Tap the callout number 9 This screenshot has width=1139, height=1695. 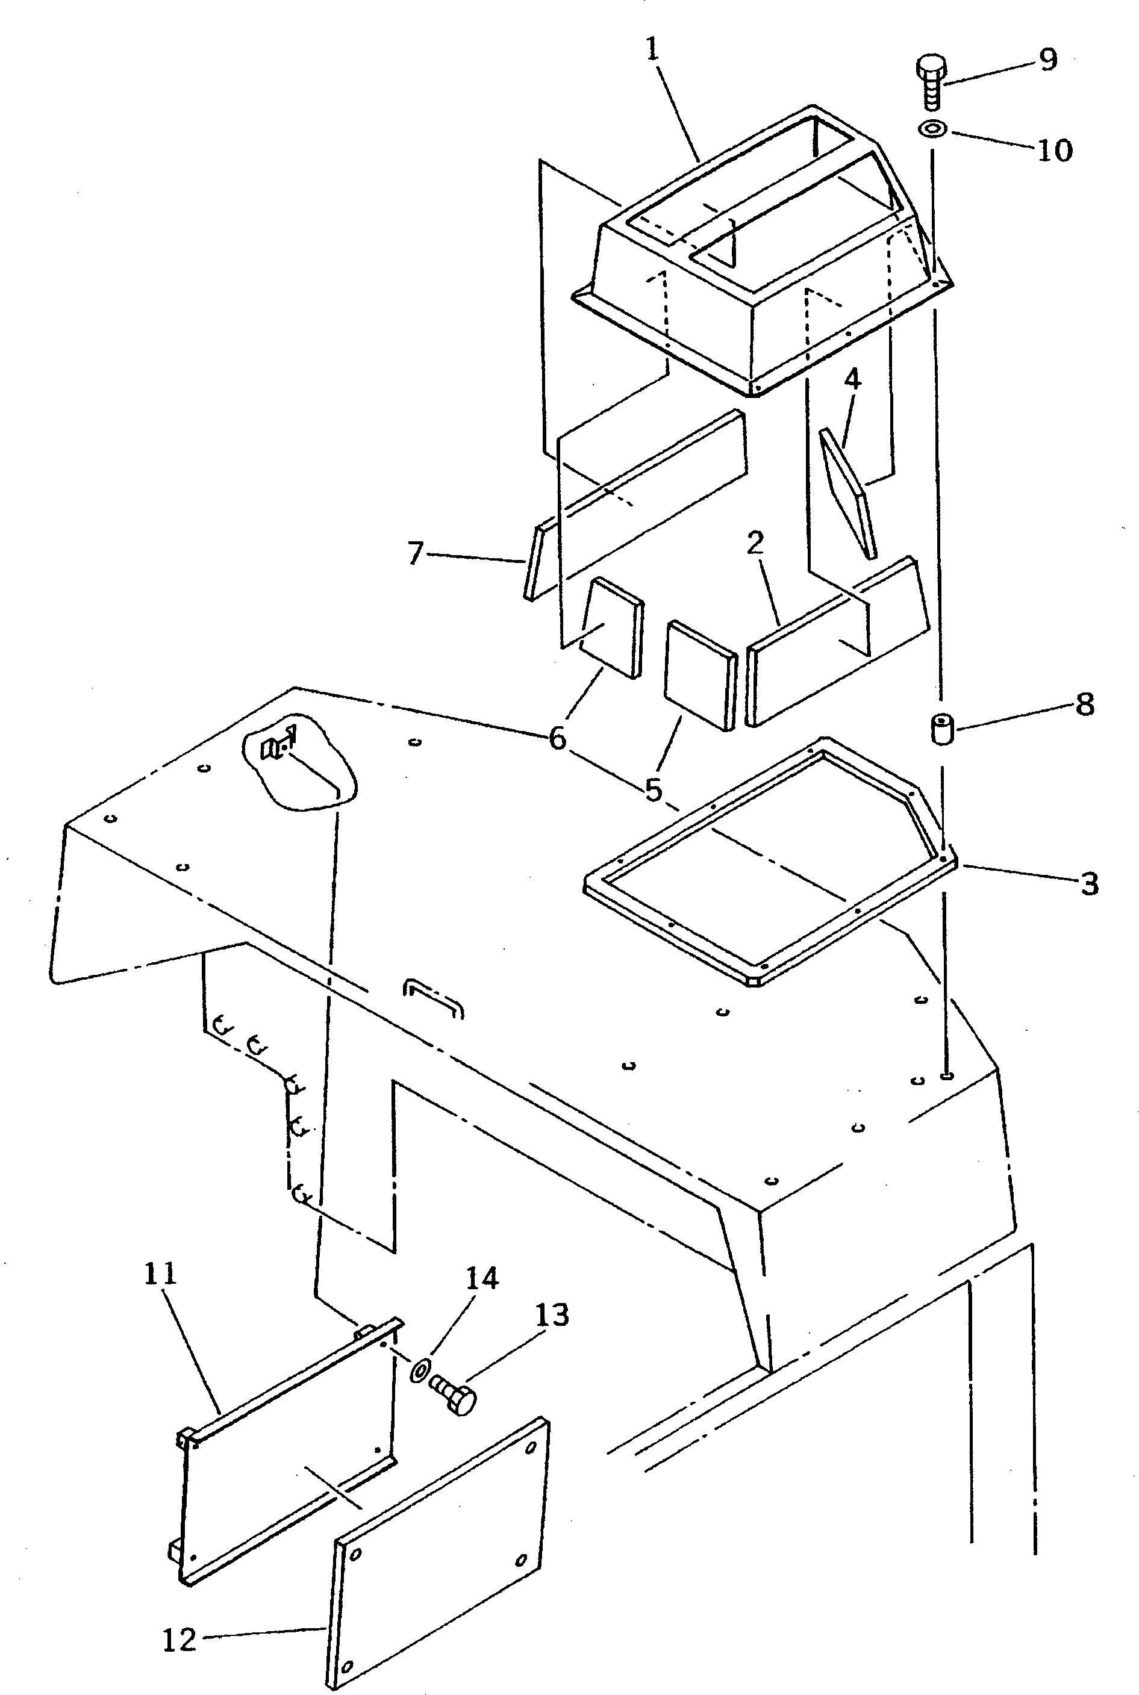pos(1047,59)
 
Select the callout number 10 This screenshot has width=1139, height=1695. pos(1055,151)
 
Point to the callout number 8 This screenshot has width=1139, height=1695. pos(1085,704)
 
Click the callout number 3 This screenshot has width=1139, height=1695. pos(1089,883)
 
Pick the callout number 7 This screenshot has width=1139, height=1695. pos(415,553)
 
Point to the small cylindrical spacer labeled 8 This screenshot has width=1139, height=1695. pos(942,729)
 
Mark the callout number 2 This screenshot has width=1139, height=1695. pos(755,542)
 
